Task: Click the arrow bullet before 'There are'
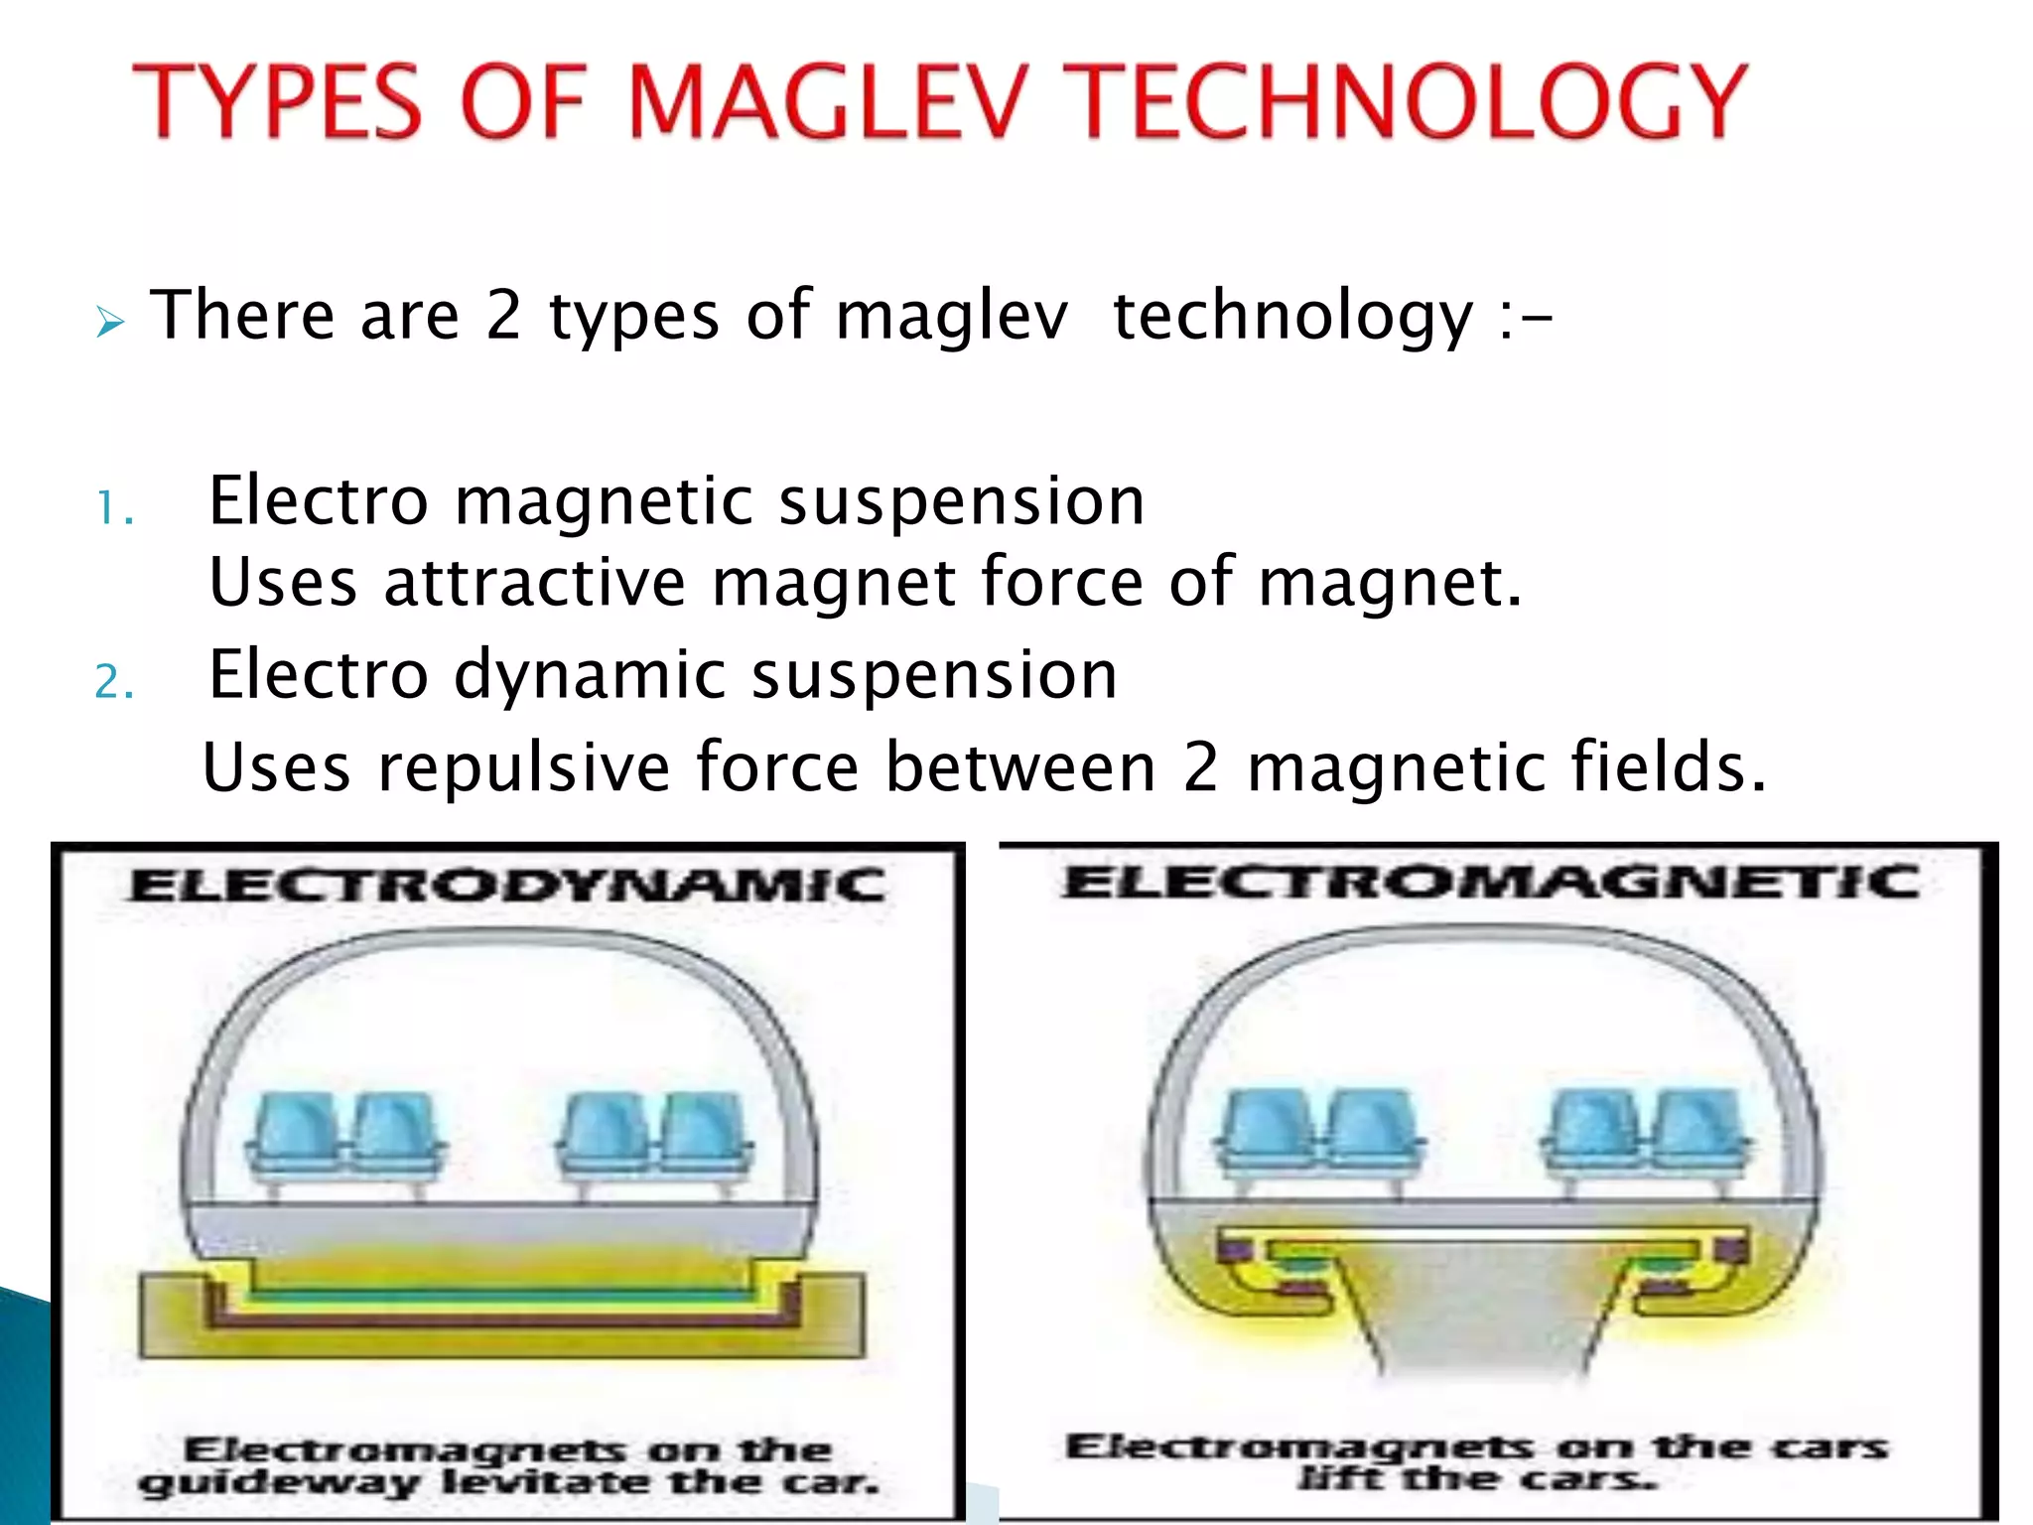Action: (110, 322)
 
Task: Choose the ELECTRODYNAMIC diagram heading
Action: (506, 886)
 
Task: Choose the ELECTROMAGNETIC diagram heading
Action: (1489, 882)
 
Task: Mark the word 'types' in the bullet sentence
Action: (633, 318)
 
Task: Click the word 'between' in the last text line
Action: (1020, 768)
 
